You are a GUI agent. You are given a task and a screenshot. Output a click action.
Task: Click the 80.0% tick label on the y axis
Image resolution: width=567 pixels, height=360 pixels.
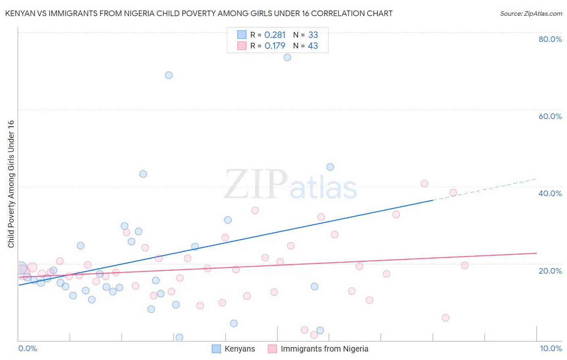pyautogui.click(x=550, y=39)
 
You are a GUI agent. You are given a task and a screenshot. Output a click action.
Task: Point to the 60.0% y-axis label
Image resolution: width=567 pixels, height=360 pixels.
pyautogui.click(x=550, y=116)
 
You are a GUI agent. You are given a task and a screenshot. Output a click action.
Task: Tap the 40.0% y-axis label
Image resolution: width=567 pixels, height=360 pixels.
pyautogui.click(x=550, y=193)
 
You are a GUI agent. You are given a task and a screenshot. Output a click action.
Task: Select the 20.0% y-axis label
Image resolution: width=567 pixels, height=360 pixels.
pyautogui.click(x=550, y=271)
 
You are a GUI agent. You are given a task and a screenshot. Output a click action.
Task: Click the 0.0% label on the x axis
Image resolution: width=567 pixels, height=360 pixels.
pyautogui.click(x=27, y=348)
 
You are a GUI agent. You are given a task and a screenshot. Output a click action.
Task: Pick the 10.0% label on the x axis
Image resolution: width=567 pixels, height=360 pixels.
pyautogui.click(x=550, y=348)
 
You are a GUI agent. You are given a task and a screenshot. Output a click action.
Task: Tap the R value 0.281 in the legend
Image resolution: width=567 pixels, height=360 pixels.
pyautogui.click(x=275, y=35)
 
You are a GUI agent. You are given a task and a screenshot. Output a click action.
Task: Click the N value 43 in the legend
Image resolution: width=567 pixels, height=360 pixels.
pyautogui.click(x=313, y=46)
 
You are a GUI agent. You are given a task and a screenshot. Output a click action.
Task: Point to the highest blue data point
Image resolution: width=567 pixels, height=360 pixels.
pyautogui.click(x=287, y=57)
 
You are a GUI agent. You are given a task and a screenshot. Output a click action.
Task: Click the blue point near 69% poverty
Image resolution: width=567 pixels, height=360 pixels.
pyautogui.click(x=169, y=75)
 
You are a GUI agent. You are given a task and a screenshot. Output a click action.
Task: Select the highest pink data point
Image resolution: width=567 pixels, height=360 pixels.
pyautogui.click(x=424, y=184)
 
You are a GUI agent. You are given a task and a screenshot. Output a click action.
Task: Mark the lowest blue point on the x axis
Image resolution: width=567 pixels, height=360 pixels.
pyautogui.click(x=179, y=337)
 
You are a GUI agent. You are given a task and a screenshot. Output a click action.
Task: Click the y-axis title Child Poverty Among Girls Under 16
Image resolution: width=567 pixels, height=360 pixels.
pyautogui.click(x=11, y=184)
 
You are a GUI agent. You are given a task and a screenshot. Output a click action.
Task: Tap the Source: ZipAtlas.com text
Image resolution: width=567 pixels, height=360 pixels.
pyautogui.click(x=531, y=14)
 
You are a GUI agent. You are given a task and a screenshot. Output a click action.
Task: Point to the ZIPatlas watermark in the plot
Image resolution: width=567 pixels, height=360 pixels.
pyautogui.click(x=290, y=185)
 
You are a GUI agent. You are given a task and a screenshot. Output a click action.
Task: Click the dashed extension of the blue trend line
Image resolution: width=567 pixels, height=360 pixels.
pyautogui.click(x=484, y=189)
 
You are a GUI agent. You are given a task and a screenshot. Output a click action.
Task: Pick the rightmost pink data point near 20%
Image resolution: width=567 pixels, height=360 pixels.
pyautogui.click(x=465, y=265)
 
